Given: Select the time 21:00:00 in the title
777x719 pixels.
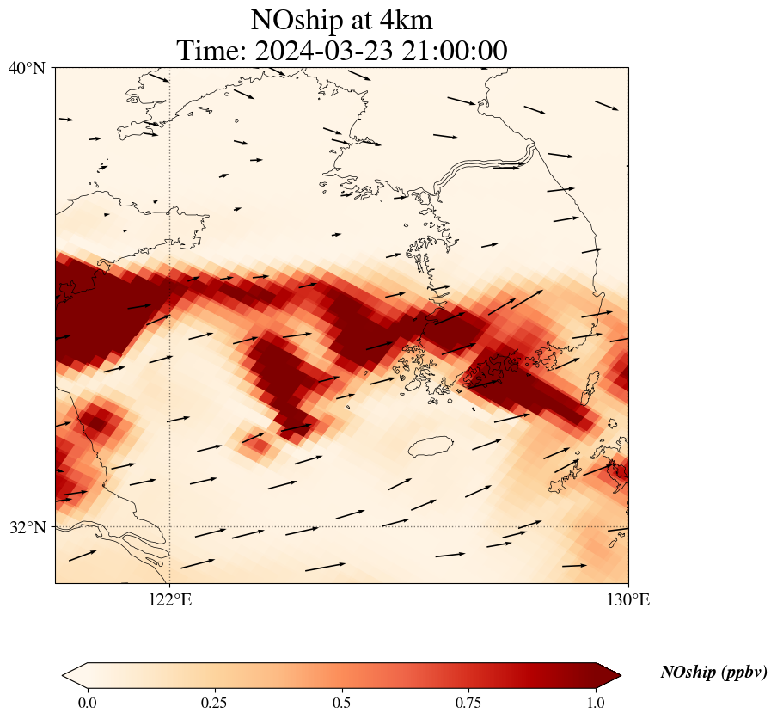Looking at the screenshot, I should (x=453, y=51).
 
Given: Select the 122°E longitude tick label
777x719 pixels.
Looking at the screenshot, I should (x=170, y=599).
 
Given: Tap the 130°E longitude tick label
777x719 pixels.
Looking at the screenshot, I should (x=628, y=599).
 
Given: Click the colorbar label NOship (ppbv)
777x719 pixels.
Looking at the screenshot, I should (x=713, y=673).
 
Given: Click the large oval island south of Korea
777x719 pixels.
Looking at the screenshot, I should (x=431, y=446).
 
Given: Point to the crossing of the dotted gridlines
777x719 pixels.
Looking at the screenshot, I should (x=170, y=526).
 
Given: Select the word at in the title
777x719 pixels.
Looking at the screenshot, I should (x=365, y=20).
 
